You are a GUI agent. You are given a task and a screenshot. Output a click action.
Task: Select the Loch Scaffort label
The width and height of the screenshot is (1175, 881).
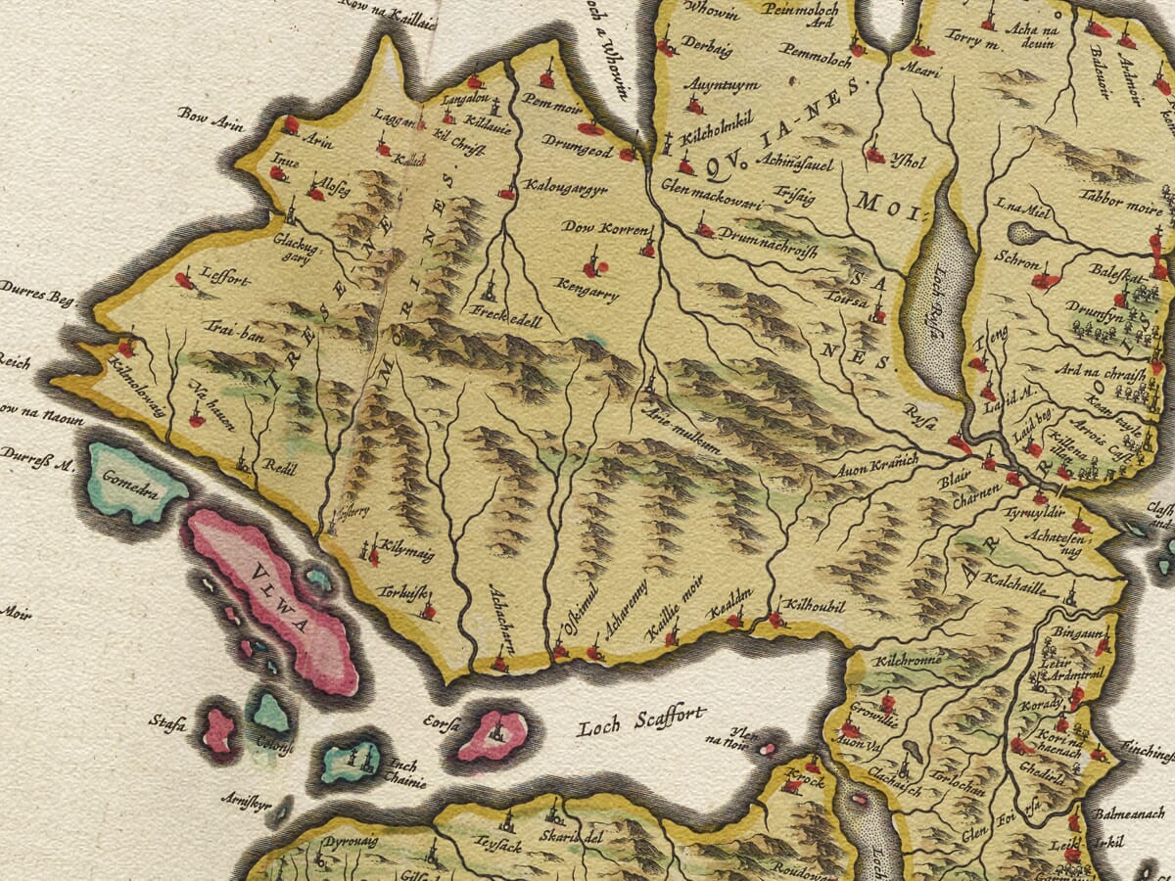641,723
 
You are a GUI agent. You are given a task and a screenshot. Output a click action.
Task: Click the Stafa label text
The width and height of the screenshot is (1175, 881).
167,722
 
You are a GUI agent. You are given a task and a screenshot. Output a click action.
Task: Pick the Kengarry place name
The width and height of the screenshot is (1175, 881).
587,291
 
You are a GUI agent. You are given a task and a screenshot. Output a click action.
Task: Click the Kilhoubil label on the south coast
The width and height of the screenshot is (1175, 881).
813,607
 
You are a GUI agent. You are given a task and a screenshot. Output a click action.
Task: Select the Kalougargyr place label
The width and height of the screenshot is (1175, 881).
565,186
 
